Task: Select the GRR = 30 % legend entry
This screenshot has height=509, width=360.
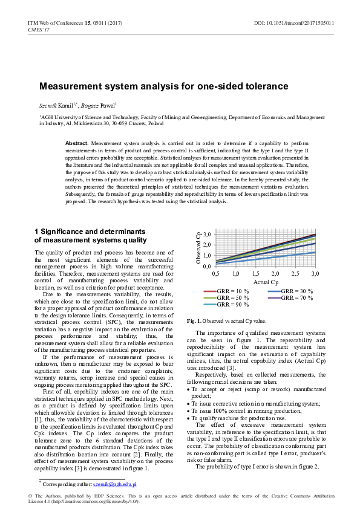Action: (296, 291)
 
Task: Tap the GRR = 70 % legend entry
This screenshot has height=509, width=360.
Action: (296, 298)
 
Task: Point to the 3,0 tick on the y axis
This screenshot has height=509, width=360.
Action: (206, 234)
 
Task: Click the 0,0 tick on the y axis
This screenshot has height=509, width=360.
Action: (206, 266)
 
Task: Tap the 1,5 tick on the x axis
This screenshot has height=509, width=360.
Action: (255, 274)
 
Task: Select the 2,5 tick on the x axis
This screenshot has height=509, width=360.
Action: (295, 274)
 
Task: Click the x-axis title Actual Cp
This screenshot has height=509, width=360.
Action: (266, 282)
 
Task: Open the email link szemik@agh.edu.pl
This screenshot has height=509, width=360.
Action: (114, 484)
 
